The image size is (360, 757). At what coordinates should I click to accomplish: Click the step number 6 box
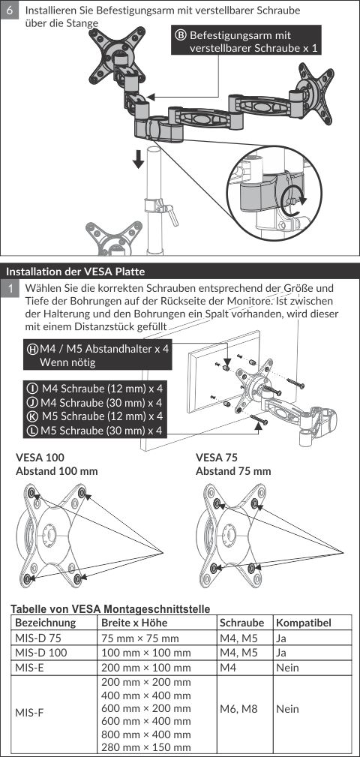coord(10,10)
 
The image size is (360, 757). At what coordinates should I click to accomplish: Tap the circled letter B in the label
coord(181,35)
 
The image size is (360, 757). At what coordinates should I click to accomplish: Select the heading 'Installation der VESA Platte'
coord(75,272)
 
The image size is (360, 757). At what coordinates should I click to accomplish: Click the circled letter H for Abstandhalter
coord(34,350)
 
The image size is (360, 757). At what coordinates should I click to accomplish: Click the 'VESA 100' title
coord(40,457)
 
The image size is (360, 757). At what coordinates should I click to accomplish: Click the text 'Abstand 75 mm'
coord(233,471)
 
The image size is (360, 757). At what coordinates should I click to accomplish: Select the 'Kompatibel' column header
coord(304,623)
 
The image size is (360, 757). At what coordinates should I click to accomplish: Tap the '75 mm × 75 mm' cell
coord(140,638)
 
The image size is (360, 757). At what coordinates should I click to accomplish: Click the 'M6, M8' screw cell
coord(238,709)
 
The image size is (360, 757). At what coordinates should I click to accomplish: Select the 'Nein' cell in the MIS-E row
coord(287,668)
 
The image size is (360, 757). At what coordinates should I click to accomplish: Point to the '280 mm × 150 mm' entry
coord(146,748)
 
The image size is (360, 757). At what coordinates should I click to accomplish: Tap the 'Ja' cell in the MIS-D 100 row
coord(281,653)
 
